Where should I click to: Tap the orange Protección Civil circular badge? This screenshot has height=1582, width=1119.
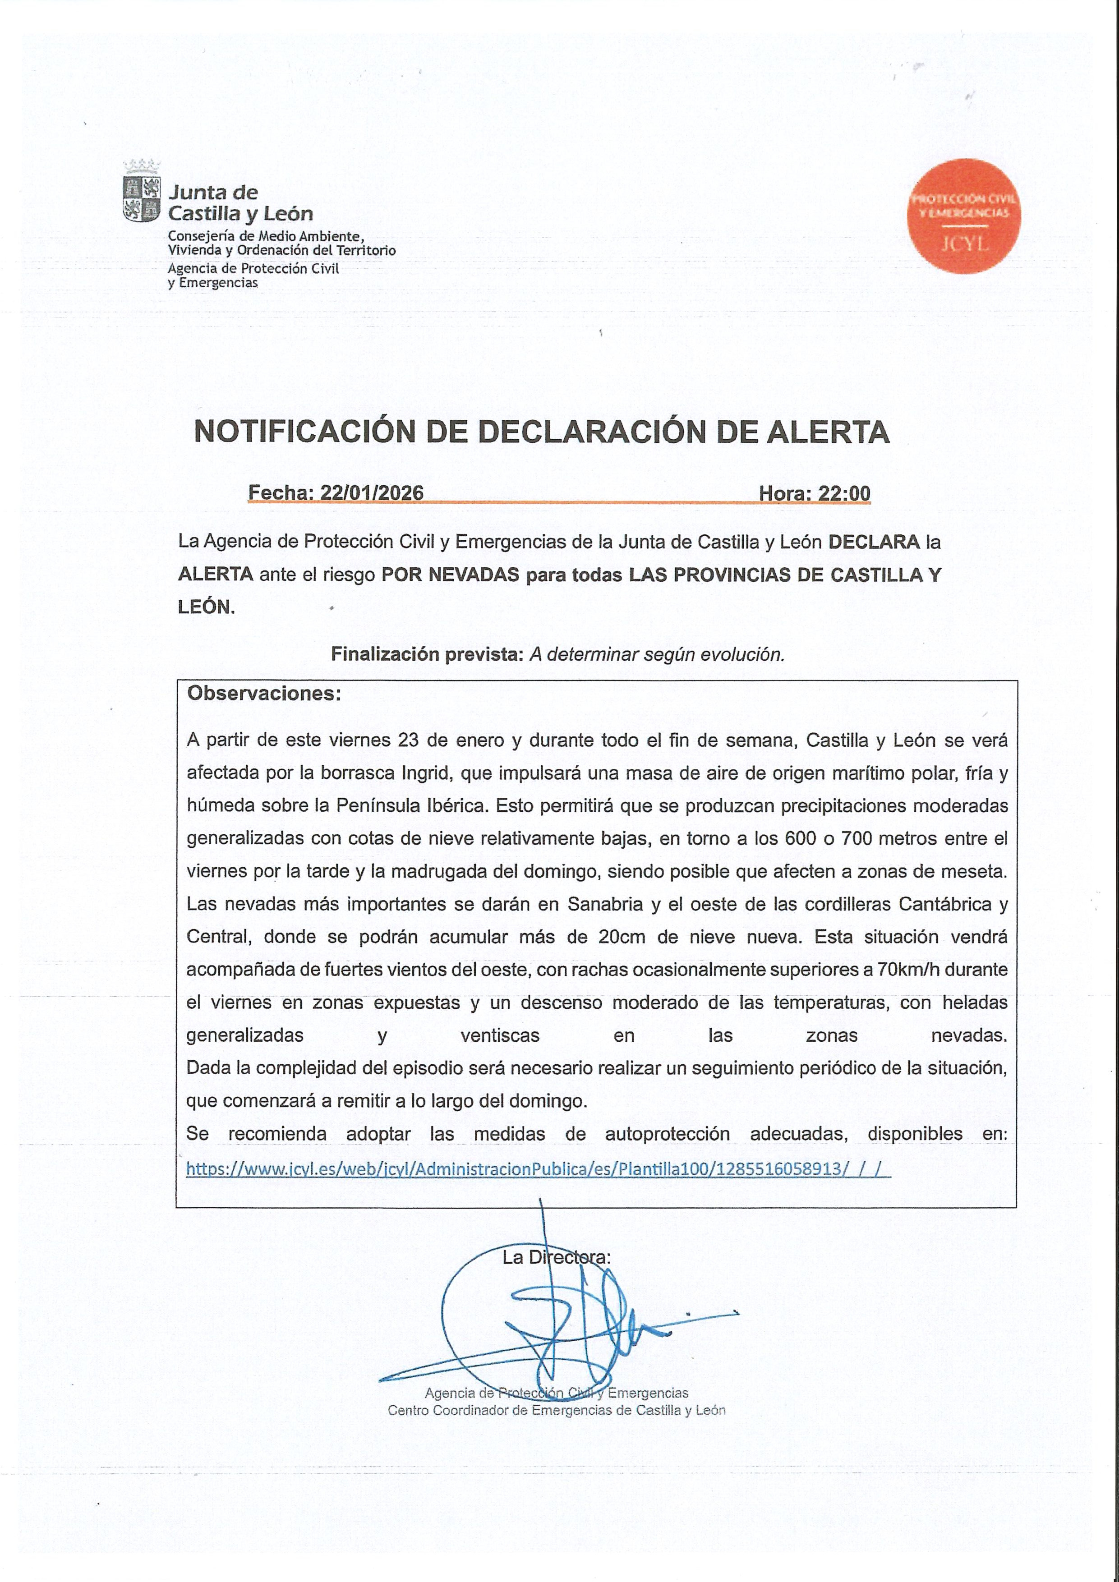963,216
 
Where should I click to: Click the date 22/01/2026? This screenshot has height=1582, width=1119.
372,492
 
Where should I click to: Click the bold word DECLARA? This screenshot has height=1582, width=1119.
874,542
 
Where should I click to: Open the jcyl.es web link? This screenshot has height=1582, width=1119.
538,1168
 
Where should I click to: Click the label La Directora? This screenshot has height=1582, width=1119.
556,1257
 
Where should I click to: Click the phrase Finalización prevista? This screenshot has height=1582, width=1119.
427,654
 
